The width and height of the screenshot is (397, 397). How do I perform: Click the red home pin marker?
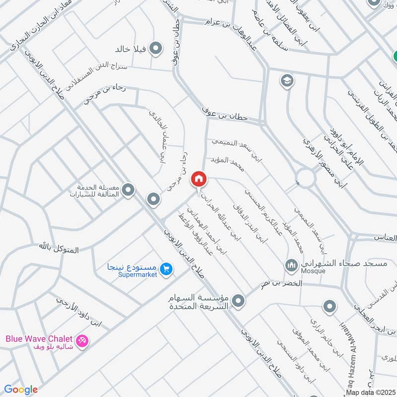click(x=199, y=179)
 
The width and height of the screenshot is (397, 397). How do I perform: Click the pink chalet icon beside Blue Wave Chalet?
click(x=83, y=340)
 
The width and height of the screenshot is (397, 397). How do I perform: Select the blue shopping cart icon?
click(x=166, y=268)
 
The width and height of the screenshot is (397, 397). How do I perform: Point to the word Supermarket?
click(x=138, y=274)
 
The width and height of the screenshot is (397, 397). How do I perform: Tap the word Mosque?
click(x=313, y=271)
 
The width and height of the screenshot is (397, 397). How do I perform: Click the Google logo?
click(x=21, y=390)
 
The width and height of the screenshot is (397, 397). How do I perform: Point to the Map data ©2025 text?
click(x=370, y=393)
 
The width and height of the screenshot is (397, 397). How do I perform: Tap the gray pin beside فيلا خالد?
click(x=157, y=48)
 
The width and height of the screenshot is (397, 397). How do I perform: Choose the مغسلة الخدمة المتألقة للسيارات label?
click(x=97, y=191)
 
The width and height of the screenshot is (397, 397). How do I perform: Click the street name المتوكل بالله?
click(x=59, y=247)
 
